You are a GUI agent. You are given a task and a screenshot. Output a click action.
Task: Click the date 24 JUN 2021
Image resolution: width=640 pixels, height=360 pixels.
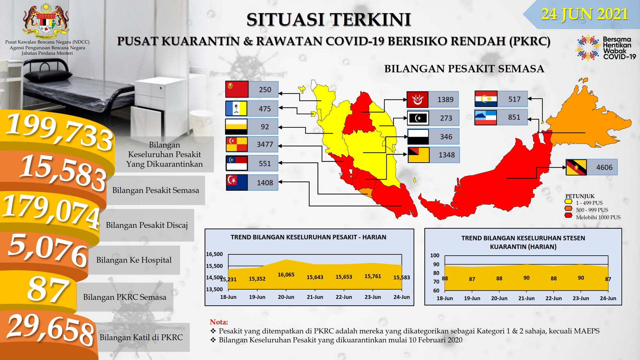(x=585, y=14)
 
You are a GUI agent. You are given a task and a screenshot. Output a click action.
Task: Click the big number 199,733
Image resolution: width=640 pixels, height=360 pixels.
(x=59, y=132)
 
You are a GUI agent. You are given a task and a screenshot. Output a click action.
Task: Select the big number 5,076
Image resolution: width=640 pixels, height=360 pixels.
(x=48, y=250)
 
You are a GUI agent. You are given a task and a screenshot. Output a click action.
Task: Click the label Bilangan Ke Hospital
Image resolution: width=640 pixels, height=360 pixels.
(x=134, y=260)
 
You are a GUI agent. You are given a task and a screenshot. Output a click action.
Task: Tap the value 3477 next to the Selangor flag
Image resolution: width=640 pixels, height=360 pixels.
(x=265, y=144)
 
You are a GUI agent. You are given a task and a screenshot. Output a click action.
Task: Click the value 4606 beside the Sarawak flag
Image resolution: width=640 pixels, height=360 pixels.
(x=604, y=167)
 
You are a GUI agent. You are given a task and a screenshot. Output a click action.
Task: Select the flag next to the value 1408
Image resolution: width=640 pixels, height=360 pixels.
(x=237, y=182)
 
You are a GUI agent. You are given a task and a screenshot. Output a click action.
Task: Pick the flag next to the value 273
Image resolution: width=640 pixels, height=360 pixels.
(x=418, y=118)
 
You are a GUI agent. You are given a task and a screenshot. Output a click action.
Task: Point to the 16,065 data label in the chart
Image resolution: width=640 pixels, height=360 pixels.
(x=286, y=275)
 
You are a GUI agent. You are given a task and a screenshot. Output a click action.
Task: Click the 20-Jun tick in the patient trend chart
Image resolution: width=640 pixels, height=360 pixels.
(x=286, y=297)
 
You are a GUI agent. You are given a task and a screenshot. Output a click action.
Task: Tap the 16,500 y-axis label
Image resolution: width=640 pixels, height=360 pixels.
(x=214, y=254)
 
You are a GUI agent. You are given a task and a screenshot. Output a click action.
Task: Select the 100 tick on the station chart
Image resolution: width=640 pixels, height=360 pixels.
(x=435, y=255)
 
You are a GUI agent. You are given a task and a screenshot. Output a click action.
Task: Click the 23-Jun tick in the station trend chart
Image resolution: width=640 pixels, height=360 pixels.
(x=581, y=298)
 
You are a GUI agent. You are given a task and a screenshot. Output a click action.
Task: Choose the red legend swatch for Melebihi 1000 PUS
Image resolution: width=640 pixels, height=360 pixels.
(x=568, y=216)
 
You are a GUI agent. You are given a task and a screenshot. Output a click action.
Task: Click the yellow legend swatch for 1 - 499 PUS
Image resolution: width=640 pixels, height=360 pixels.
(x=568, y=202)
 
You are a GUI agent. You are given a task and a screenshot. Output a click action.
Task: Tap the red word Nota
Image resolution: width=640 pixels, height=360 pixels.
(x=219, y=322)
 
